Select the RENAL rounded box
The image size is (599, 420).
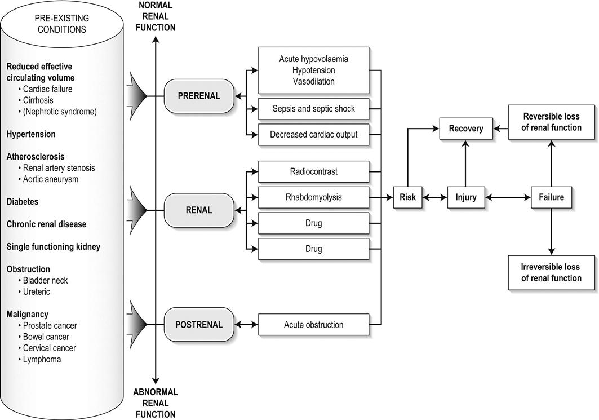[198, 210]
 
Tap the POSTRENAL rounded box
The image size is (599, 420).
[199, 325]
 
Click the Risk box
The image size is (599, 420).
[408, 198]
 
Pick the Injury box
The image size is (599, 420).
[466, 198]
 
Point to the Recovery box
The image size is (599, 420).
[466, 129]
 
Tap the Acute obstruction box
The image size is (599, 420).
[313, 325]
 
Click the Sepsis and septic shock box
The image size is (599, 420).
[313, 108]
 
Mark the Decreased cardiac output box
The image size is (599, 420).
[313, 135]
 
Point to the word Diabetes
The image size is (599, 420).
[23, 201]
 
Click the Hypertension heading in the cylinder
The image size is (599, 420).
[31, 134]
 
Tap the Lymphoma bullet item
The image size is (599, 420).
[42, 359]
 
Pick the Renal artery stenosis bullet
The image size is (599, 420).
[59, 168]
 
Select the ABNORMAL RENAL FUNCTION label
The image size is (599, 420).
[156, 403]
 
